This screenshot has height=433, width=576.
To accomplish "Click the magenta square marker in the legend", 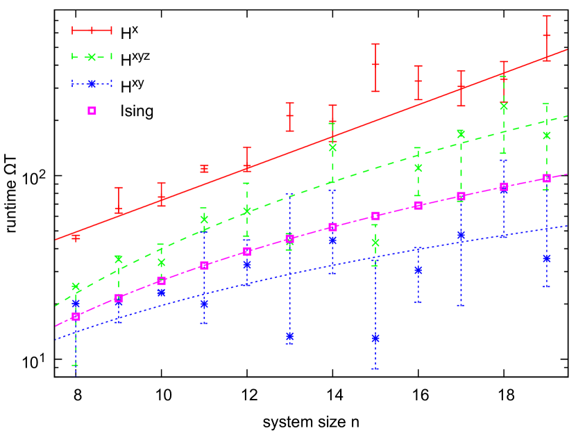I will coord(92,111).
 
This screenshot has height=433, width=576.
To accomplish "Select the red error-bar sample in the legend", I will coord(92,30).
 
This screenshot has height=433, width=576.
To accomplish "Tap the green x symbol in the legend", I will coord(92,57).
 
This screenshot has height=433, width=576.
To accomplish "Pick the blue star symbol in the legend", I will coord(92,84).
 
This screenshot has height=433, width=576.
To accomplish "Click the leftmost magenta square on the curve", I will coord(76,316).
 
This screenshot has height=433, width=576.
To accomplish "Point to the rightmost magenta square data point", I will coord(546,178).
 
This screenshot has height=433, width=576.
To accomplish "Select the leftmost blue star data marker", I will coord(76,303).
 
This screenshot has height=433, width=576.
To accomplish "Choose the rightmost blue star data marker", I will coord(546,258).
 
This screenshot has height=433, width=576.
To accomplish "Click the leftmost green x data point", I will coord(76,286).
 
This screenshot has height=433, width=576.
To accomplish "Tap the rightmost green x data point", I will coord(546,136).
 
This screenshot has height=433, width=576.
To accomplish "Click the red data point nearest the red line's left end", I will coord(76,237).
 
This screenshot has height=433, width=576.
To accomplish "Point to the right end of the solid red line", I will coord(567,49).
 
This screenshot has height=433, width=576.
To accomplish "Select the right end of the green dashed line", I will coord(567,116).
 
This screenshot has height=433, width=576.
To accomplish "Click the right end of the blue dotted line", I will coord(567,226).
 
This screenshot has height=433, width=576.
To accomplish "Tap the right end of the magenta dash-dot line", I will coord(567,174).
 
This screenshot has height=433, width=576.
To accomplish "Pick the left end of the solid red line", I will coord(56,240).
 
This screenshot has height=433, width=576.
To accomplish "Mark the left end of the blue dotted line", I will coord(56,340).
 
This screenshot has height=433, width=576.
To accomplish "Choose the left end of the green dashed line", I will coord(56,305).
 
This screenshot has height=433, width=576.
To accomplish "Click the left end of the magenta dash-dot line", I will coord(56,326).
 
